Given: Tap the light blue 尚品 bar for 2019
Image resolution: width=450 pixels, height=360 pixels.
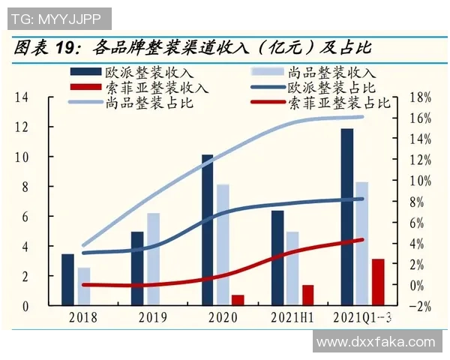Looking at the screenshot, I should click(x=153, y=259).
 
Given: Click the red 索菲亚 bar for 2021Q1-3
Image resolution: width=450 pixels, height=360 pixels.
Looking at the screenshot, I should click(x=378, y=282).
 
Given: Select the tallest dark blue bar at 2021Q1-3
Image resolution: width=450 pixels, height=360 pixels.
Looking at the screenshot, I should click(x=346, y=217).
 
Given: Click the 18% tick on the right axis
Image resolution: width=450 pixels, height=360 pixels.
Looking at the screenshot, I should click(x=421, y=97).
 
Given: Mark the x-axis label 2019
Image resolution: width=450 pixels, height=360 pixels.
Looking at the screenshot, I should click(x=153, y=318).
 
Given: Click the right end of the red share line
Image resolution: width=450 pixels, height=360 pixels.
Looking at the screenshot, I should click(x=362, y=240).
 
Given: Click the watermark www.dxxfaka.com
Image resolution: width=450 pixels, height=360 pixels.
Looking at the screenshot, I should click(x=376, y=342).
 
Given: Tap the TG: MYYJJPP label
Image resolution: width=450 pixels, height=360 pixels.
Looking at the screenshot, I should click(x=57, y=17).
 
